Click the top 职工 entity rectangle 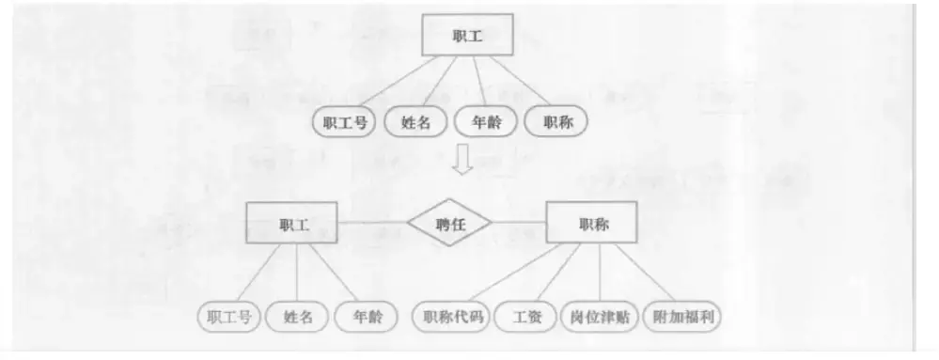point(467,35)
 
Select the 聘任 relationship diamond point(449,224)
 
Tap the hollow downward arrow point(461,161)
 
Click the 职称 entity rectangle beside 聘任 point(592,224)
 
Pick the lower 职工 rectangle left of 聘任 point(293,224)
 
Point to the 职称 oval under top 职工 point(556,121)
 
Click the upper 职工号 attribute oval point(343,121)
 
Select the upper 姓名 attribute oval point(415,121)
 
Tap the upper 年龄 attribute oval point(485,121)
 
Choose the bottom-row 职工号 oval point(228,317)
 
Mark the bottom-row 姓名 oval point(297,317)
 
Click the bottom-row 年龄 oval point(362,317)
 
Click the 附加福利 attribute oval point(686,317)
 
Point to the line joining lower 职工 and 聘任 point(373,224)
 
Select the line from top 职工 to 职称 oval point(522,84)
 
